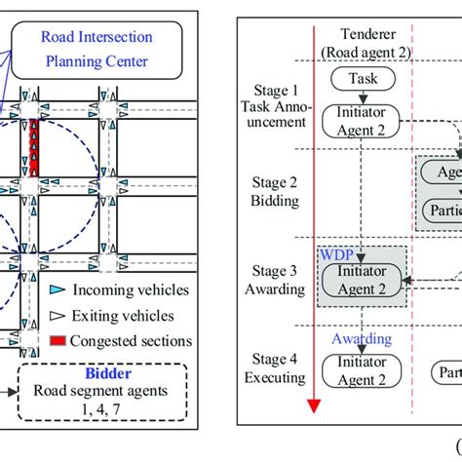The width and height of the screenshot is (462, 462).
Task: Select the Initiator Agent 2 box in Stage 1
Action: (x=363, y=120)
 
